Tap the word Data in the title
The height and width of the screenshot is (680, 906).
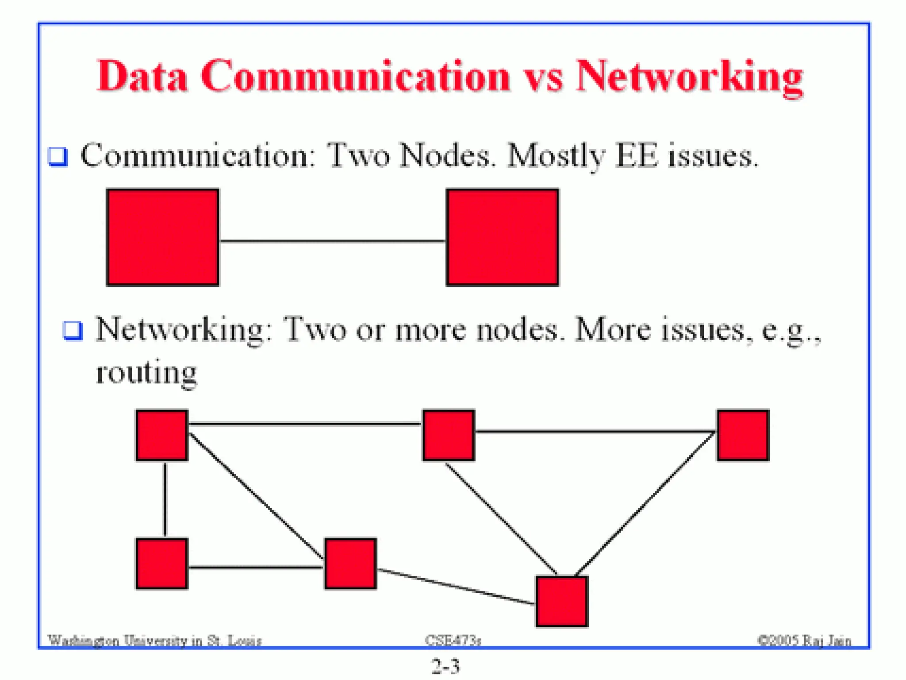click(x=142, y=77)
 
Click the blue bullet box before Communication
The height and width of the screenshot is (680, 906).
click(x=58, y=156)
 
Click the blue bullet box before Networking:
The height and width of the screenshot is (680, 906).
click(x=73, y=330)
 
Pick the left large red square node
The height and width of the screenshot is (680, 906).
click(x=162, y=237)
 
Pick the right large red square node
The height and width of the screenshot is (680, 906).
click(x=502, y=237)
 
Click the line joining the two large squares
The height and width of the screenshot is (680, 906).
click(x=332, y=241)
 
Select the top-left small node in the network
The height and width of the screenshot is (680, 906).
click(x=162, y=435)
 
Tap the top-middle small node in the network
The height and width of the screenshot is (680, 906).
click(x=449, y=435)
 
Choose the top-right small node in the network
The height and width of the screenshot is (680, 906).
click(x=743, y=435)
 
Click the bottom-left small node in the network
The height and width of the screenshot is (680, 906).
click(x=162, y=564)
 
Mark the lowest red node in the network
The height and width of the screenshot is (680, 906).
click(x=562, y=601)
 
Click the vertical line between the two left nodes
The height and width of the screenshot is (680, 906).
click(x=165, y=499)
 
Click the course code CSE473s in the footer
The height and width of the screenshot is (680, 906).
click(x=453, y=640)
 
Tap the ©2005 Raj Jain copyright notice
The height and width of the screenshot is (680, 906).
click(x=804, y=640)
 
